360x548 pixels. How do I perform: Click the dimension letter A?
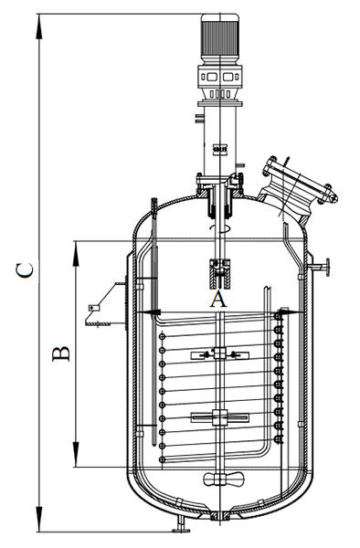point(218,300)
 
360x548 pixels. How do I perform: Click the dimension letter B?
point(61,353)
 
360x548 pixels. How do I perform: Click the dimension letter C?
point(25,270)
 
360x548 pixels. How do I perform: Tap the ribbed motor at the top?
point(220,38)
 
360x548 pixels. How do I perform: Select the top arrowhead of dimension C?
point(39,26)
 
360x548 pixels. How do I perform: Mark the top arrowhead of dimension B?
point(76,254)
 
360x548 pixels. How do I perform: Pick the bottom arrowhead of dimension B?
point(76,454)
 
